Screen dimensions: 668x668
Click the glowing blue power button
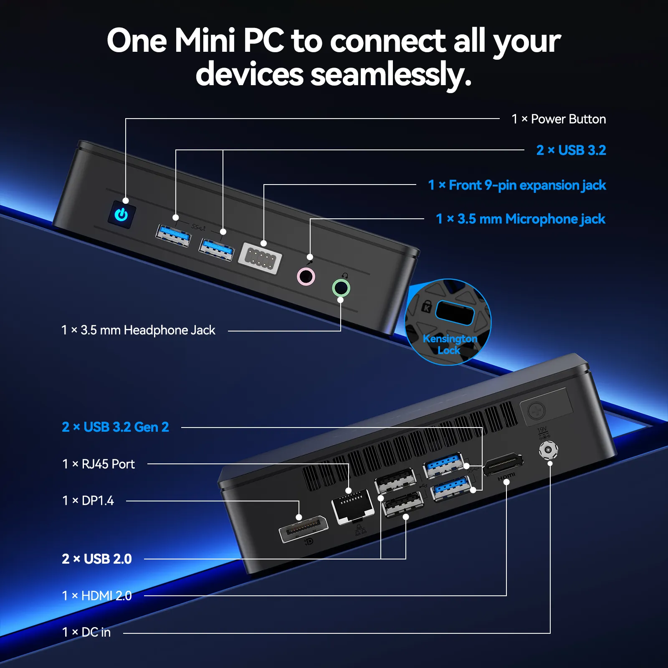[x=121, y=215]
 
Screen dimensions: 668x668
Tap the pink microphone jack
[x=306, y=276]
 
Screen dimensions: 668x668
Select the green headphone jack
[x=341, y=288]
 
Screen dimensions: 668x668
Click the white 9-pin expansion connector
[x=260, y=258]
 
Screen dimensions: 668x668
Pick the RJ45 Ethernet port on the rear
[x=352, y=506]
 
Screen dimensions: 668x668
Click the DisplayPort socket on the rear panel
[x=303, y=529]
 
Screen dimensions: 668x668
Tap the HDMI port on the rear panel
[x=503, y=464]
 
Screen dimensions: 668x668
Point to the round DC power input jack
[x=548, y=450]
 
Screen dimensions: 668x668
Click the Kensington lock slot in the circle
[x=454, y=313]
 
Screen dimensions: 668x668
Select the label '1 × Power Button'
[x=559, y=119]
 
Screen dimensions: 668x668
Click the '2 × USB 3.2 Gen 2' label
[x=115, y=427]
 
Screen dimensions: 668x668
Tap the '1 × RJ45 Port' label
[x=99, y=464]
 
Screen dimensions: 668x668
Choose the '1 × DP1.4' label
[x=88, y=501]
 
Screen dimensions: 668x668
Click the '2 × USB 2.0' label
[x=97, y=559]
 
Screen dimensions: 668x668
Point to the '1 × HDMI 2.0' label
[x=97, y=596]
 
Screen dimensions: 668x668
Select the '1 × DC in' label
[x=86, y=632]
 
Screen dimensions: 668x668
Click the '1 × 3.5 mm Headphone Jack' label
[x=138, y=330]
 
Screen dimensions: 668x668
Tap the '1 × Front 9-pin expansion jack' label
[x=517, y=185]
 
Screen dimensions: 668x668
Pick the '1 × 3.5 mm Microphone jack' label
[x=521, y=219]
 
